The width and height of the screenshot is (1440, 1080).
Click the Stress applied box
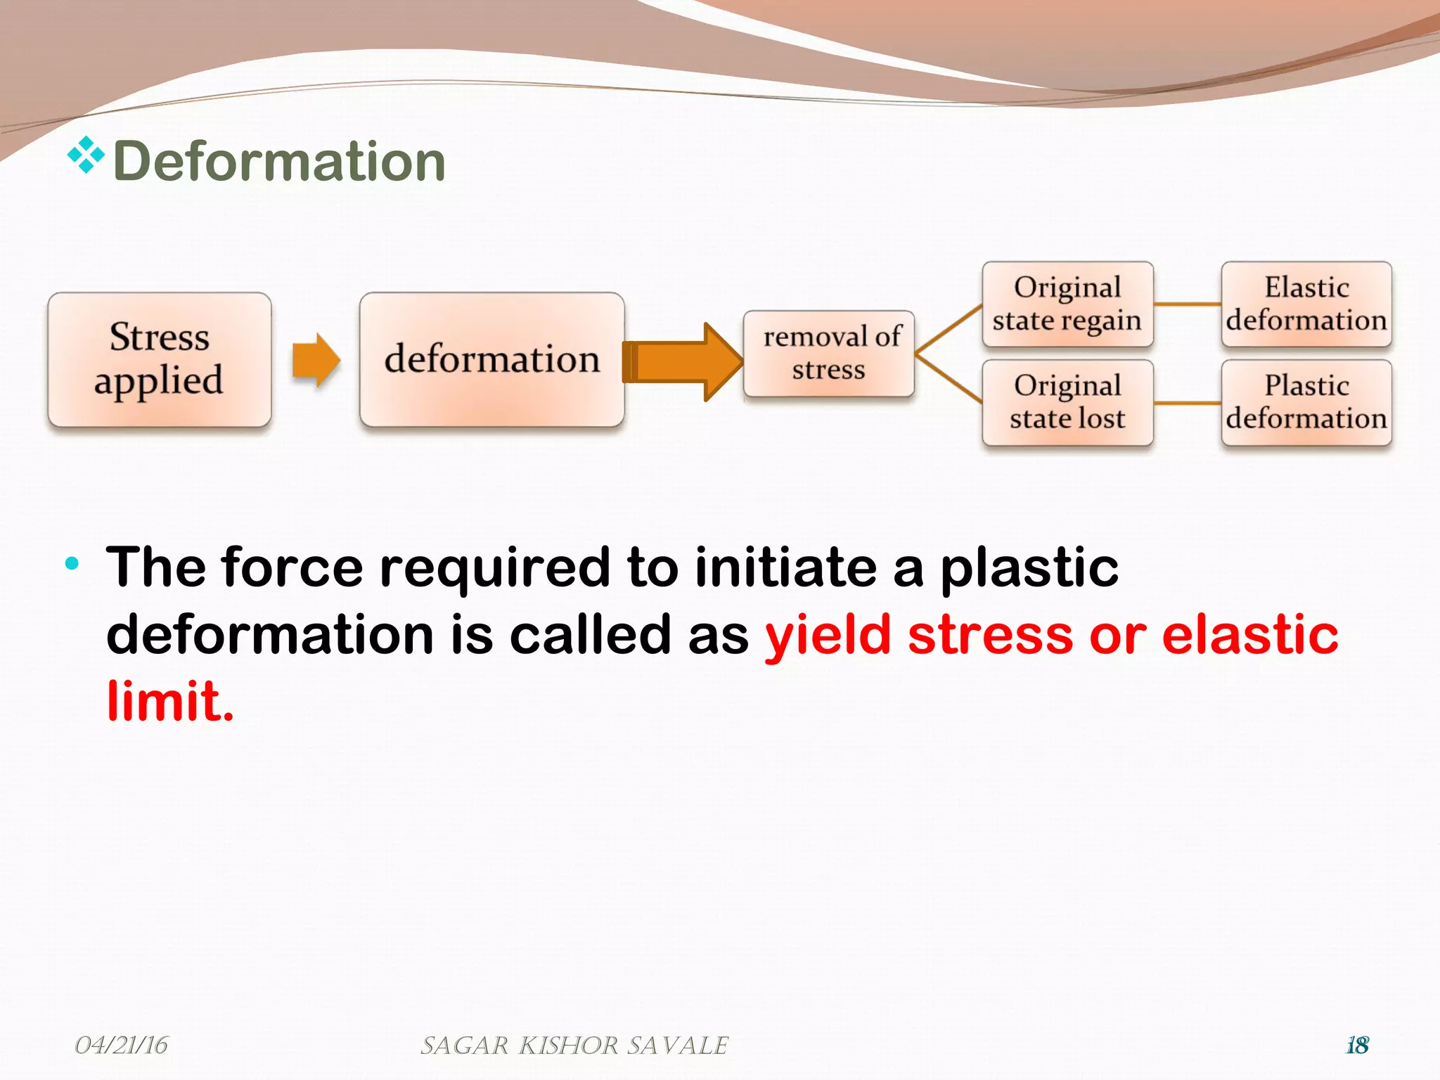tap(160, 359)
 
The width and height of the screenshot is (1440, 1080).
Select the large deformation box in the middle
tap(491, 359)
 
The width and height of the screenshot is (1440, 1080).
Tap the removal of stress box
tap(829, 354)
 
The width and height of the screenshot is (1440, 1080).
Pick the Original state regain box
tap(1067, 304)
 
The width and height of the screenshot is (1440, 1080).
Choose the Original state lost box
tap(1067, 402)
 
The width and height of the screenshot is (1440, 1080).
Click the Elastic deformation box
tap(1306, 304)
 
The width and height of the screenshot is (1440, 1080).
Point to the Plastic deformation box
tap(1306, 402)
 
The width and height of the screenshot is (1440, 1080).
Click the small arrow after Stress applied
tap(316, 360)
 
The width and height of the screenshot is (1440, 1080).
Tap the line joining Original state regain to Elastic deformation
tap(1187, 304)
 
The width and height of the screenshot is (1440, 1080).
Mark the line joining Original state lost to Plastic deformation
tap(1187, 404)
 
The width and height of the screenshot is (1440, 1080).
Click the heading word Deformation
tap(279, 162)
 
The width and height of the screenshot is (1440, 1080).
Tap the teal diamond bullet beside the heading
tap(86, 155)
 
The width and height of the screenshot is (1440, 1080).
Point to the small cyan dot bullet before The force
tap(72, 563)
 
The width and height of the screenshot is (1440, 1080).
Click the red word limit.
tap(169, 701)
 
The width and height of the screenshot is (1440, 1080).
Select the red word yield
tap(828, 635)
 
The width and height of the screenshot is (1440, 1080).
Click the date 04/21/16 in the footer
tap(121, 1046)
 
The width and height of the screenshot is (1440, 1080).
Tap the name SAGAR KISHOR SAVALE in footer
tap(574, 1046)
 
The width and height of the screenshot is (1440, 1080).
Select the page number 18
tap(1357, 1046)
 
